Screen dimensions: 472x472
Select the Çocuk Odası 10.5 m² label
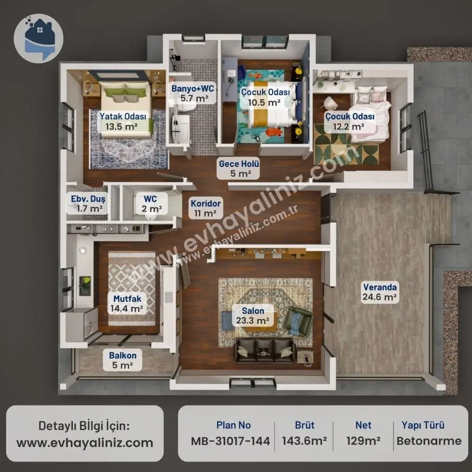pos(265,97)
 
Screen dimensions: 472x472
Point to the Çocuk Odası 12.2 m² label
pos(350,121)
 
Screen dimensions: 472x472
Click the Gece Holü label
pos(239,168)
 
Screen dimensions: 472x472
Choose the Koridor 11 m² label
pos(206,208)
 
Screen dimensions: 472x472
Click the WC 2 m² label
pos(151,203)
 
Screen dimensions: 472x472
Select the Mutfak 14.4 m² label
pos(127,304)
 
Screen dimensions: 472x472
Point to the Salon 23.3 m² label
pos(253,316)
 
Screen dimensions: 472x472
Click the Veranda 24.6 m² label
pos(380,292)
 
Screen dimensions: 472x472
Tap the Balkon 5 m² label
pos(123,360)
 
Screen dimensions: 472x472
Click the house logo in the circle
pos(38,38)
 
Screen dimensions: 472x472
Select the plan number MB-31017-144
pos(231,441)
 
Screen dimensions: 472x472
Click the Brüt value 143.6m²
pos(304,441)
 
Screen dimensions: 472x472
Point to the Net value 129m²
pos(363,441)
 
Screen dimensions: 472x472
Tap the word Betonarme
pos(429,441)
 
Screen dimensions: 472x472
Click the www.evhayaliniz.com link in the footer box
pos(85,443)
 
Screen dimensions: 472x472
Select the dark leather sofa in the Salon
pos(265,350)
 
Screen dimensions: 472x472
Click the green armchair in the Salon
pos(298,321)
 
